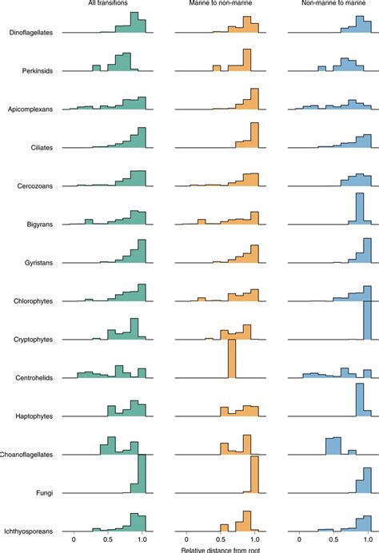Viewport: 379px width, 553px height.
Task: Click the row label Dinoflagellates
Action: (x=31, y=34)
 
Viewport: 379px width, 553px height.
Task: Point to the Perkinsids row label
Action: (x=38, y=71)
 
